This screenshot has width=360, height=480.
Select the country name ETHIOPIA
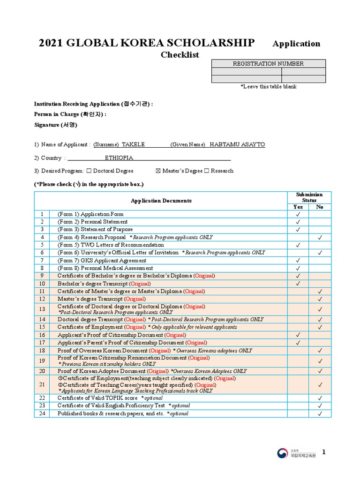click(119, 158)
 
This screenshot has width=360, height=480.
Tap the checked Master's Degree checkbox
click(158, 171)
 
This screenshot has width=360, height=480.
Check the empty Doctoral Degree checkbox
click(89, 171)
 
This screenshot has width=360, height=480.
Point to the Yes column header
click(298, 207)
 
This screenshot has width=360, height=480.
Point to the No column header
click(320, 207)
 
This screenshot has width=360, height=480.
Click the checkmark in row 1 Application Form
click(298, 214)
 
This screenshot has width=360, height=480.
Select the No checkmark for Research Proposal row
click(320, 238)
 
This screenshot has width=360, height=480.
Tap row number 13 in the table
click(42, 309)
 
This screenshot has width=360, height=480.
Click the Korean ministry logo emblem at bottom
click(282, 453)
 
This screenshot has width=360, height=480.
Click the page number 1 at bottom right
click(323, 452)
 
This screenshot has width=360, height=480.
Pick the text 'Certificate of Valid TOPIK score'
click(98, 398)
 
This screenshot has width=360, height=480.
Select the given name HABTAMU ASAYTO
click(237, 145)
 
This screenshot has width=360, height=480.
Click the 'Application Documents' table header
click(161, 201)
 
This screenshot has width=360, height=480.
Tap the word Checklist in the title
click(180, 55)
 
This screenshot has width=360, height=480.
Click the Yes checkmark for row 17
click(298, 343)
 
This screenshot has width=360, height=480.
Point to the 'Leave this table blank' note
click(268, 87)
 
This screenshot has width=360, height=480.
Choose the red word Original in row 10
click(140, 284)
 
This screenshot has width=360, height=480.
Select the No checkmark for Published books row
click(320, 413)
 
